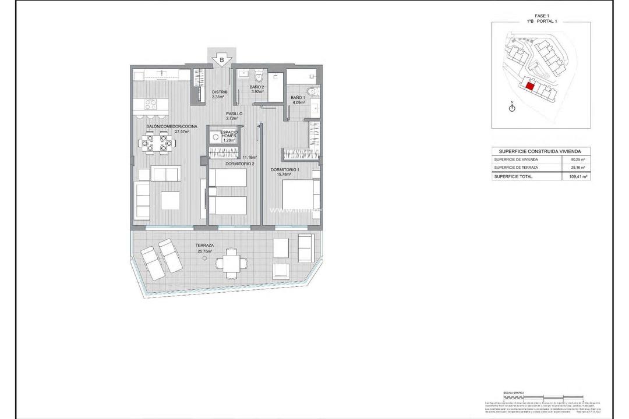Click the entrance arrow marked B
221,59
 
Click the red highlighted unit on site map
530,86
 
